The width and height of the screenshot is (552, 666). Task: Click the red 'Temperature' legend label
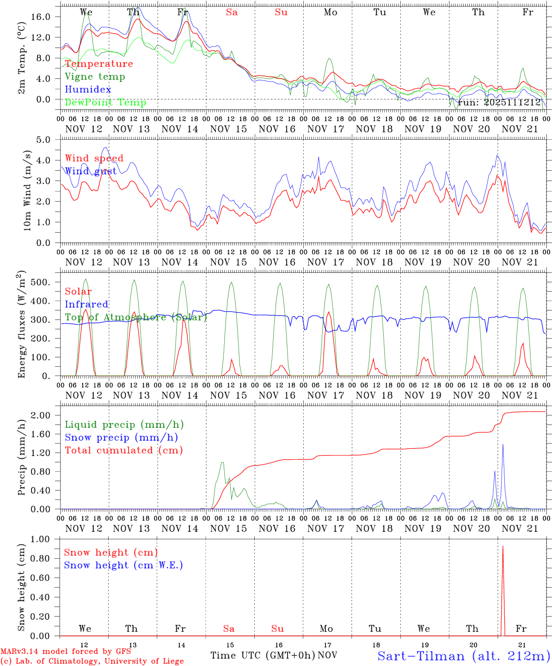coord(99,64)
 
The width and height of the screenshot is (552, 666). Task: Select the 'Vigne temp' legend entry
coord(95,77)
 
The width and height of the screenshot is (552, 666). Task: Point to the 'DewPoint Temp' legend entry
coord(105,103)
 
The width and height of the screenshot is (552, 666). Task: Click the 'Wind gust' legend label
coord(91,171)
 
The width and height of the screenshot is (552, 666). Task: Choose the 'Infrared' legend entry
coord(86,304)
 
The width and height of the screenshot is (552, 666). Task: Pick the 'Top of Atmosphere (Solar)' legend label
coord(136,317)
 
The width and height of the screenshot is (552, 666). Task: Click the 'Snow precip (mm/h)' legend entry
coord(122,438)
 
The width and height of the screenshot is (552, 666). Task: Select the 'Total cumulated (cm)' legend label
coord(124,450)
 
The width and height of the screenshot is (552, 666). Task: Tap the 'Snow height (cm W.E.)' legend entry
coord(123,565)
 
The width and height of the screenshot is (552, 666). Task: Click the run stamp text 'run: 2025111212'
coord(499,103)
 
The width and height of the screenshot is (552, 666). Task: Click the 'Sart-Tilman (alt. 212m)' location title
coord(464,656)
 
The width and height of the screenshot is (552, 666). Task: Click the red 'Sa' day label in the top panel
coord(232,12)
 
